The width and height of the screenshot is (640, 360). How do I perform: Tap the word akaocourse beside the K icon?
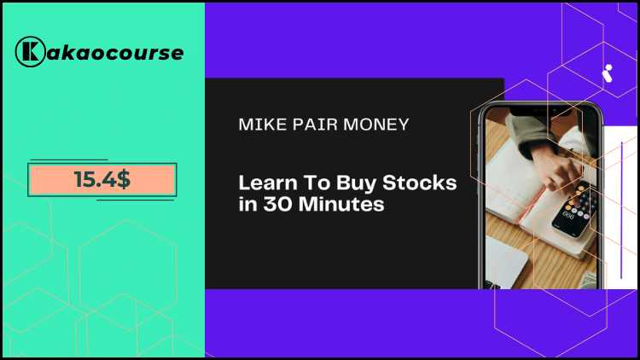tap(113, 52)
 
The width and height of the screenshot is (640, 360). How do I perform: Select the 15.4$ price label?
tap(102, 180)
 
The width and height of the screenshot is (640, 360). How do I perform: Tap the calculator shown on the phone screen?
tap(574, 210)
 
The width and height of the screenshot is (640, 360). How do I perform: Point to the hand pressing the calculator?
tap(546, 162)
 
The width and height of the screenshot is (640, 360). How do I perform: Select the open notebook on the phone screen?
tap(521, 213)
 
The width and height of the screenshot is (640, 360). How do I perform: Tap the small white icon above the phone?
tap(608, 73)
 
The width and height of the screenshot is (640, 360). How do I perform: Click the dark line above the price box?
tap(68, 160)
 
